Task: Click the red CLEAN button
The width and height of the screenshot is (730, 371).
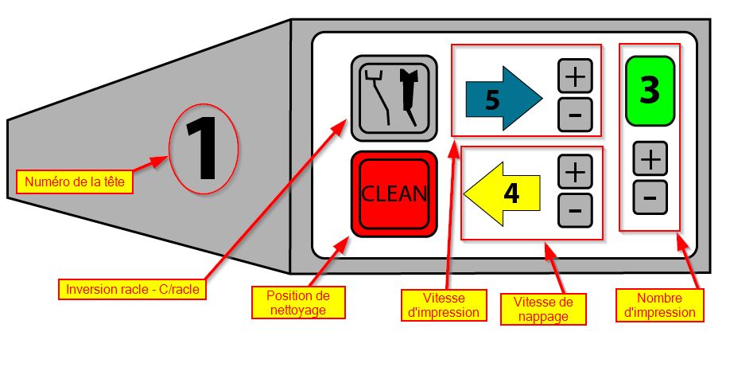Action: coord(394,193)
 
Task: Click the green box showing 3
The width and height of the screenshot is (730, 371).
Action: coord(650,91)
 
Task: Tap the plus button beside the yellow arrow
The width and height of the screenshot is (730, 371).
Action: coord(576,170)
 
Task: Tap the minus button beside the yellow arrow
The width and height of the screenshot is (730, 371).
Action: coord(576,209)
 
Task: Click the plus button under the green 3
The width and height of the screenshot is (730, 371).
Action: coord(650,160)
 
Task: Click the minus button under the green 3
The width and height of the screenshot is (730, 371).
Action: coord(650,197)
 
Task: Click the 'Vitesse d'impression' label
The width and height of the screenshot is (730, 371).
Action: coord(442,305)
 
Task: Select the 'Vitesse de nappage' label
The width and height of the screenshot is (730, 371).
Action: coord(545,309)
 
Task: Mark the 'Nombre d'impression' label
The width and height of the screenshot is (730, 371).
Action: coord(659,305)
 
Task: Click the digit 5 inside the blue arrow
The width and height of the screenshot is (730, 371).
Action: coord(492,100)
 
